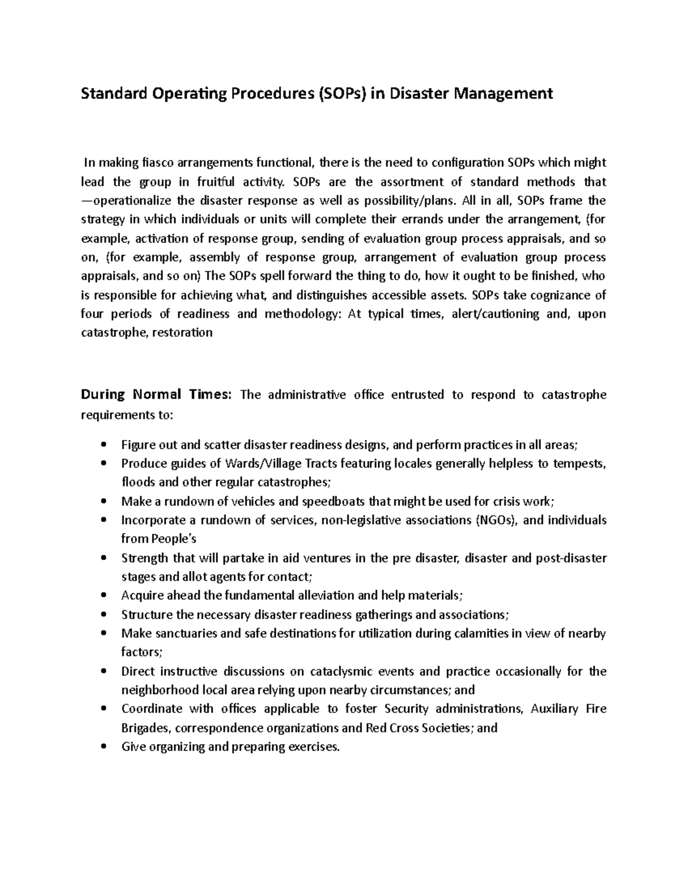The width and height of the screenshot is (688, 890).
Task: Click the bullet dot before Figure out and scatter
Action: click(103, 445)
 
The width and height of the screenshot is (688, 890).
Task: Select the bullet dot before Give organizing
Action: click(103, 747)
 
